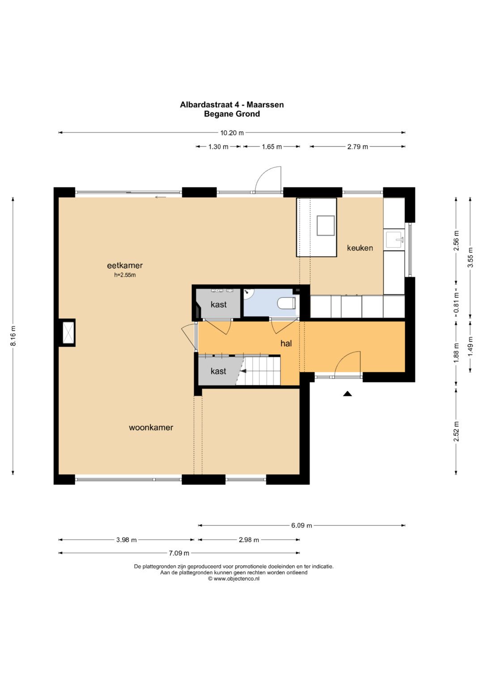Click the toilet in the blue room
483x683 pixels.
tap(287, 303)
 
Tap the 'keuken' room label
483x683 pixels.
tap(360, 248)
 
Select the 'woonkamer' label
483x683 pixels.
tap(151, 428)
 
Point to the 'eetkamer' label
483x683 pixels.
tap(125, 266)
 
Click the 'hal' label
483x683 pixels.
tap(286, 344)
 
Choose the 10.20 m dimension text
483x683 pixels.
tap(232, 133)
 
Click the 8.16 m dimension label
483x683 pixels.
tap(13, 335)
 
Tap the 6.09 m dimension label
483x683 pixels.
tap(301, 526)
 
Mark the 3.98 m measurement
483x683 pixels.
tap(126, 540)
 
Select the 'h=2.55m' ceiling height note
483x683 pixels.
tap(125, 275)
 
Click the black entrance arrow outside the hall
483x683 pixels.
tap(347, 394)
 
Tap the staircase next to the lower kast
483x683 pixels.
tap(260, 371)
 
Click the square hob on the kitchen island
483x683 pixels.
tap(326, 225)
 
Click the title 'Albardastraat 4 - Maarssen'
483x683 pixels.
tap(232, 105)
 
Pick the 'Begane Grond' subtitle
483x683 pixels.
tap(232, 114)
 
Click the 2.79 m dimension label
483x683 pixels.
tap(357, 147)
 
